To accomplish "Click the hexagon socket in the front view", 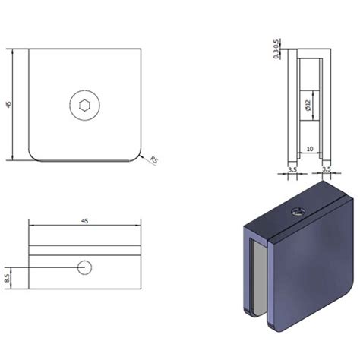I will click(x=83, y=105).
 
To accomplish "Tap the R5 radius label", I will click(x=154, y=159).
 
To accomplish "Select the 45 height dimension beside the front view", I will click(x=8, y=105).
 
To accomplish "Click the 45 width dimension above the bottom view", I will click(x=84, y=220).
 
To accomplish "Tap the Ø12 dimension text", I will click(x=308, y=107).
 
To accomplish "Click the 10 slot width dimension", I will click(x=310, y=150).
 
